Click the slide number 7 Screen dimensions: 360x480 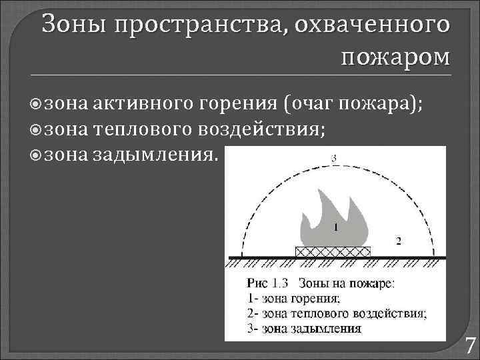click(470, 346)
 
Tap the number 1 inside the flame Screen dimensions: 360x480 click(335, 227)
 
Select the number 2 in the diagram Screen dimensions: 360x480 click(398, 240)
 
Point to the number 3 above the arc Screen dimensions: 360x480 click(334, 158)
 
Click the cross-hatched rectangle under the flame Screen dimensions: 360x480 click(333, 251)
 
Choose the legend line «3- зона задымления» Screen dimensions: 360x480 click(304, 328)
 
